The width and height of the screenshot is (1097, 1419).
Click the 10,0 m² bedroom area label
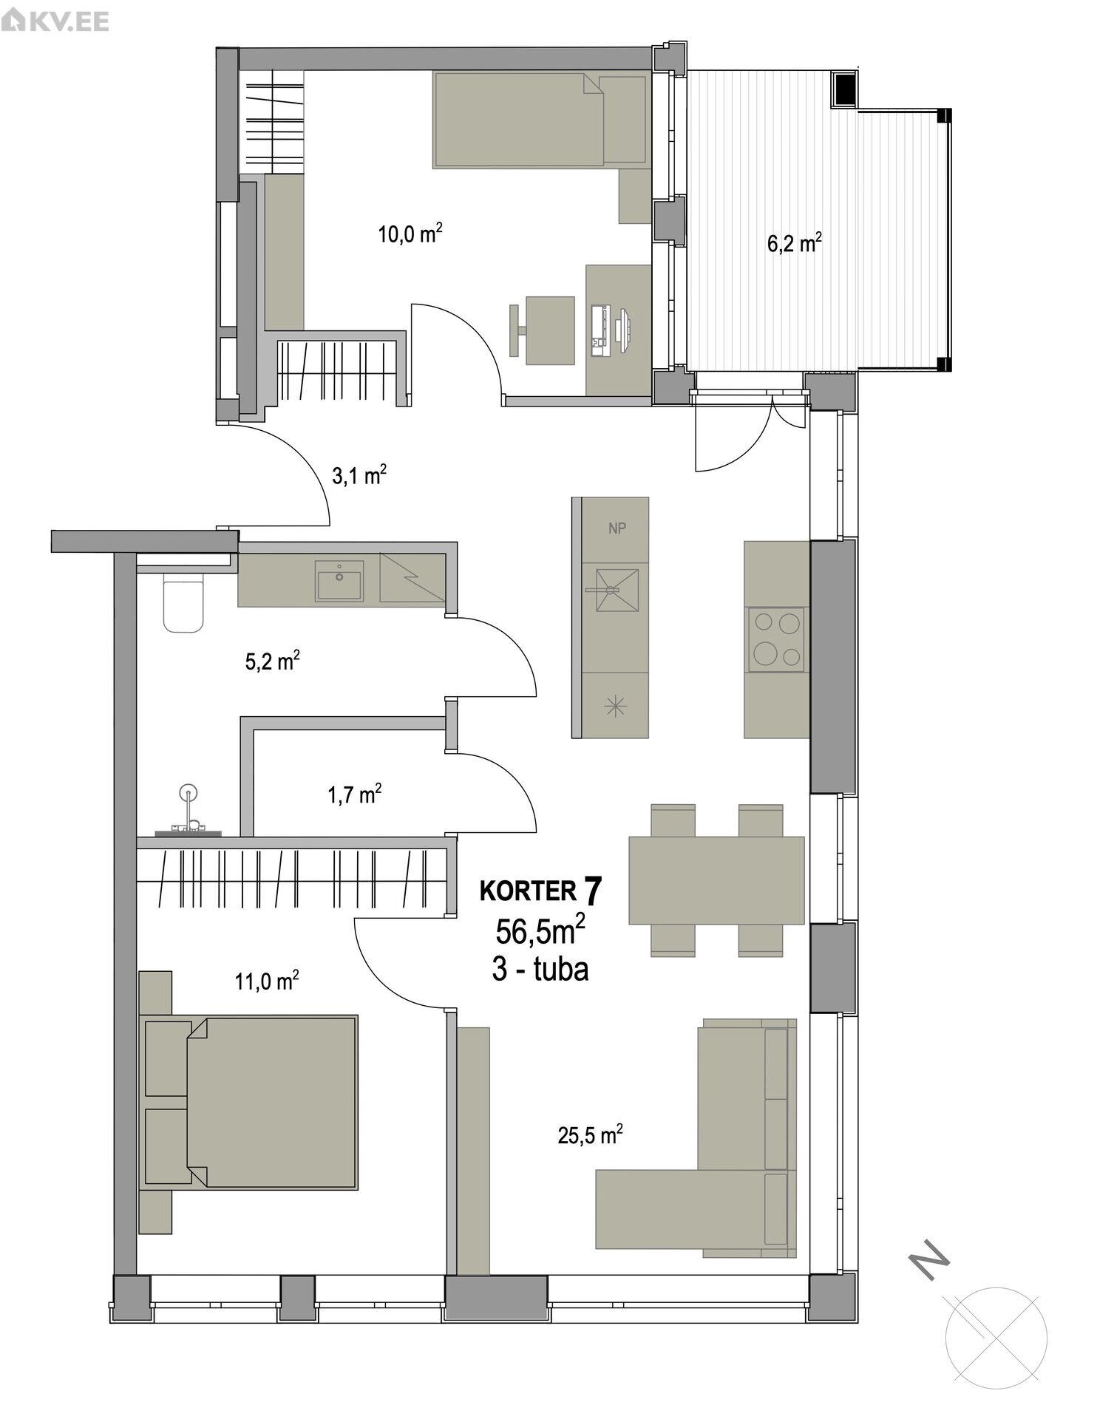[410, 234]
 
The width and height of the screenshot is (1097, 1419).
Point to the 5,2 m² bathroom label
[272, 660]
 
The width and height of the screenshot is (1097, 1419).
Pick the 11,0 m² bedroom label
[267, 981]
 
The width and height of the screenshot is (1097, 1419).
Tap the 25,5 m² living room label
[590, 1134]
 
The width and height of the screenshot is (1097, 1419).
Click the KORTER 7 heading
[541, 891]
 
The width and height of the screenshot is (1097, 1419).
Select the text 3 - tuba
[540, 969]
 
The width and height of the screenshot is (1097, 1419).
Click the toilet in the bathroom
[183, 605]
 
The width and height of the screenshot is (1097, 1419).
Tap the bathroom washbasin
[339, 580]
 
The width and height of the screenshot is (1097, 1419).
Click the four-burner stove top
[776, 639]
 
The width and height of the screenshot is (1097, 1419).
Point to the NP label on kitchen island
[617, 528]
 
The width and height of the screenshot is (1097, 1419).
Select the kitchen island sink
[617, 589]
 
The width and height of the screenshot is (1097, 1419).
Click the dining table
[716, 879]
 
